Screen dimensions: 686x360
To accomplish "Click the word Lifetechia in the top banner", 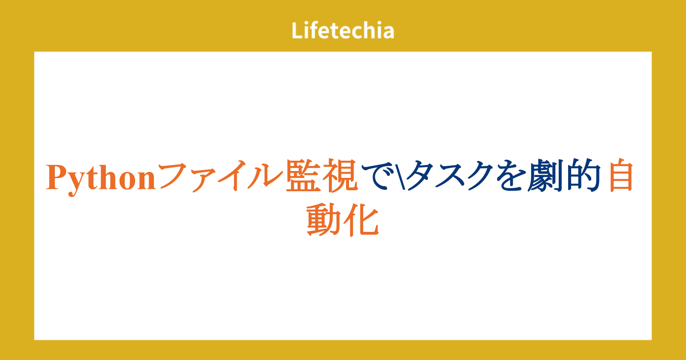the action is (343, 30).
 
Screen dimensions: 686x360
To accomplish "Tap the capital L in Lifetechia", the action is (297, 30).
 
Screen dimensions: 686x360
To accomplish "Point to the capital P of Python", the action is (57, 177).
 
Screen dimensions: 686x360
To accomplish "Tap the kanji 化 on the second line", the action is (361, 220).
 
